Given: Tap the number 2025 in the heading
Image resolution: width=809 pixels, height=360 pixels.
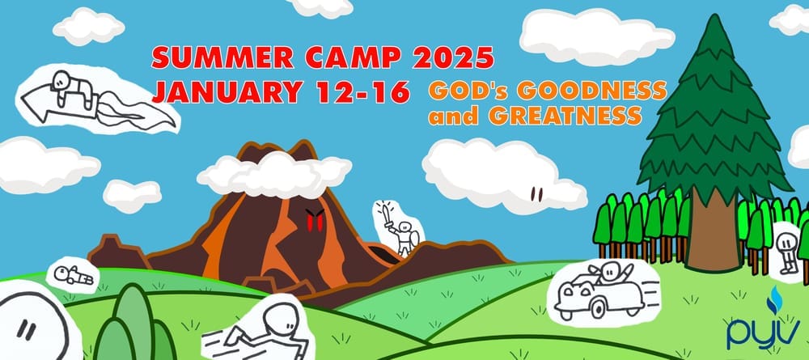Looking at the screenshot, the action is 453,57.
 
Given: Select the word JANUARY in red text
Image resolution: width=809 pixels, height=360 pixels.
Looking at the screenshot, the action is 227,91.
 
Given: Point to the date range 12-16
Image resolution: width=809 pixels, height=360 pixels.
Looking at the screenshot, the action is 363,91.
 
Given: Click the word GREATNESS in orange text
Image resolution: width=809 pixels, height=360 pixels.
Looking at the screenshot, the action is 565,116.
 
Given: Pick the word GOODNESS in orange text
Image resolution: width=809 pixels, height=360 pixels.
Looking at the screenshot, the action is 592,91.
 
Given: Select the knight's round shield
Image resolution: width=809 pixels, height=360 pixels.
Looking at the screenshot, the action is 415,237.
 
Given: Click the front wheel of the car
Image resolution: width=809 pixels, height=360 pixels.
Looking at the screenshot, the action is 598,309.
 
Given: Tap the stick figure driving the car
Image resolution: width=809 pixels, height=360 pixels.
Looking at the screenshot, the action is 613,273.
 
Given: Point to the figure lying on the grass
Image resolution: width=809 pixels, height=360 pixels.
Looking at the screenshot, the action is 74,275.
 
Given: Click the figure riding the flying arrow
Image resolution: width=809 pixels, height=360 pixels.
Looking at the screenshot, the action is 72,87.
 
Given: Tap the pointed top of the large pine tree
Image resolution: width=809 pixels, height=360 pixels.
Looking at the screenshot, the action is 714,16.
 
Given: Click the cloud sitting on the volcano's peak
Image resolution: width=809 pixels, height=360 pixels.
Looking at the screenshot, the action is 274,174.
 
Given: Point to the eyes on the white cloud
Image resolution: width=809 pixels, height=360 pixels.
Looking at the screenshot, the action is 536,194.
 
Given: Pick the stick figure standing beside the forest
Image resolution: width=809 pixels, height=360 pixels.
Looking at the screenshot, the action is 787,252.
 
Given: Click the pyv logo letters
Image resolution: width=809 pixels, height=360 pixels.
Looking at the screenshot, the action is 764,332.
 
